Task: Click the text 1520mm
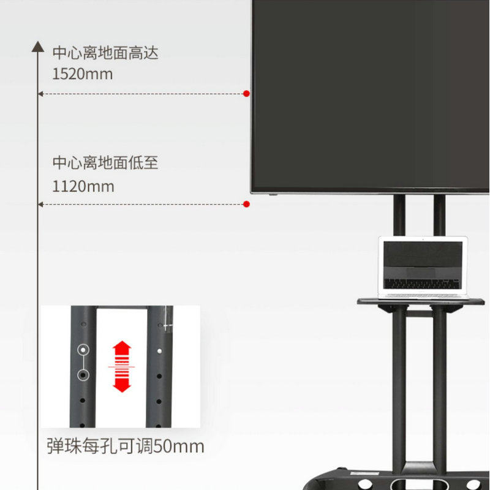83,74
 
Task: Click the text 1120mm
83,186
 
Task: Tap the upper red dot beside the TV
246,94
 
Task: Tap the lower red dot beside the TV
246,204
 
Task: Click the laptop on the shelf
423,267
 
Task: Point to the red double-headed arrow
122,366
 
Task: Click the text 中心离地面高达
105,53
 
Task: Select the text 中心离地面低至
105,163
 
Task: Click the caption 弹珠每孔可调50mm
126,446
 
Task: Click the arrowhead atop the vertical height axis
38,47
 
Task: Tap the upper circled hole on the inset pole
83,350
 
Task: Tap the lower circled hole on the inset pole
83,374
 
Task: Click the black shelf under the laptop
421,301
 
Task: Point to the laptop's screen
423,258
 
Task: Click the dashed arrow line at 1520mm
141,94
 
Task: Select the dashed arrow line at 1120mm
141,204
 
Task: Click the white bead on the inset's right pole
160,352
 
